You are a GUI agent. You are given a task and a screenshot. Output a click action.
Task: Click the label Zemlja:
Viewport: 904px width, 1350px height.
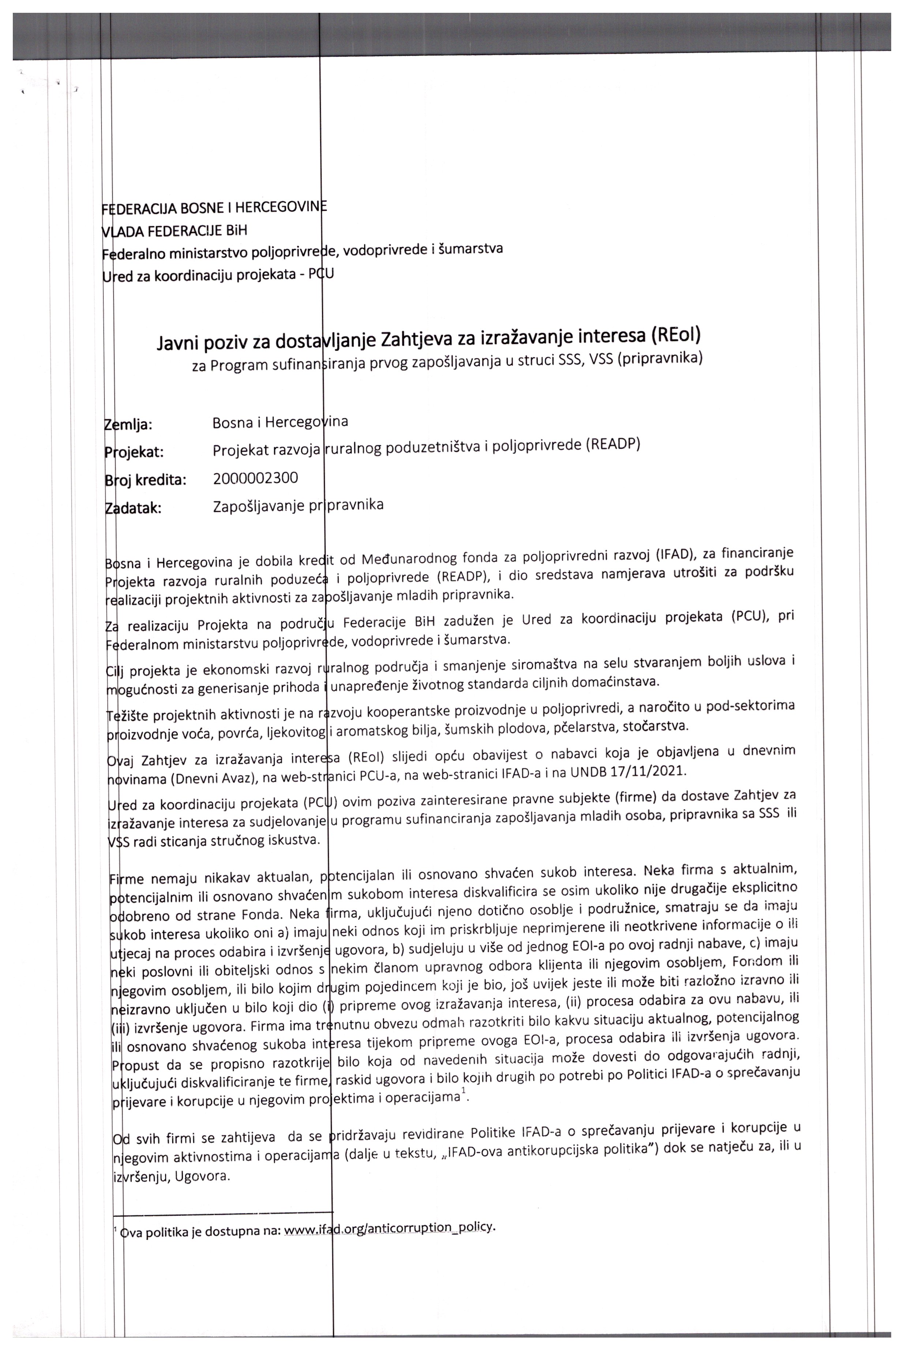click(x=128, y=425)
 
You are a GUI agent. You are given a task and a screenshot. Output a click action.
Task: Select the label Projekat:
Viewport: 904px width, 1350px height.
click(x=134, y=452)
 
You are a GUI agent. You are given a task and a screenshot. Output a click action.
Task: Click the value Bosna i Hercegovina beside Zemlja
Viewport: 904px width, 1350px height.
click(x=280, y=422)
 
